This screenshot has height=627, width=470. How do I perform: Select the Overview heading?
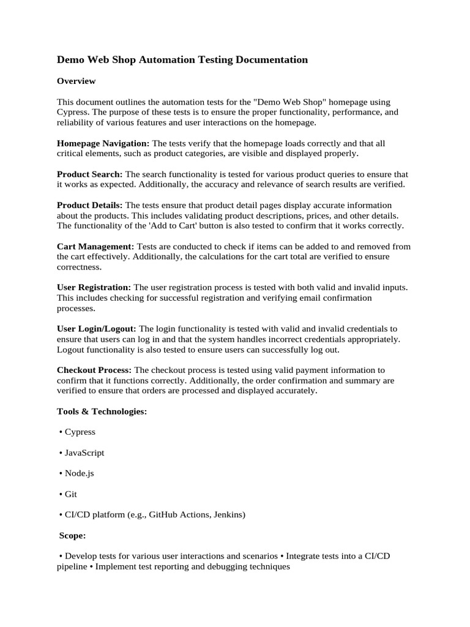pyautogui.click(x=76, y=81)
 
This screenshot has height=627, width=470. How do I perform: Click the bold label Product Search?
pyautogui.click(x=89, y=174)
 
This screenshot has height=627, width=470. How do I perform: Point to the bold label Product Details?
pyautogui.click(x=89, y=205)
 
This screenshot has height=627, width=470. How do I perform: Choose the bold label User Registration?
pyautogui.click(x=94, y=287)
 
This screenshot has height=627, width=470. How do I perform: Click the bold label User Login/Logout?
pyautogui.click(x=97, y=329)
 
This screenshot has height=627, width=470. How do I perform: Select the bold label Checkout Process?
pyautogui.click(x=94, y=370)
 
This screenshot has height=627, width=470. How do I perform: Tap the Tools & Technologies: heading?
pyautogui.click(x=102, y=411)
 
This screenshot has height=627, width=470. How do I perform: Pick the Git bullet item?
pyautogui.click(x=71, y=494)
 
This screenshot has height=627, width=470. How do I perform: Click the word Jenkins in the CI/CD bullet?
pyautogui.click(x=228, y=515)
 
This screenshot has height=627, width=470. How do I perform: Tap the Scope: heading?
pyautogui.click(x=72, y=535)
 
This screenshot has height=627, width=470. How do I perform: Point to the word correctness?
pyautogui.click(x=80, y=268)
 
